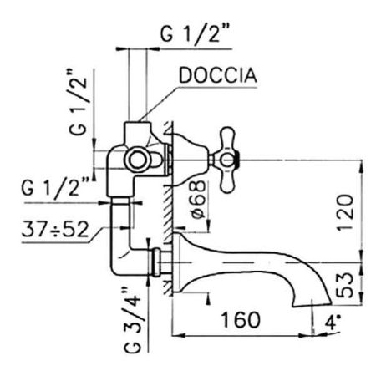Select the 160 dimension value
coord(239,320)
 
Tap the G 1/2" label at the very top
coord(197,36)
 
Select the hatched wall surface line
coord(170,209)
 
